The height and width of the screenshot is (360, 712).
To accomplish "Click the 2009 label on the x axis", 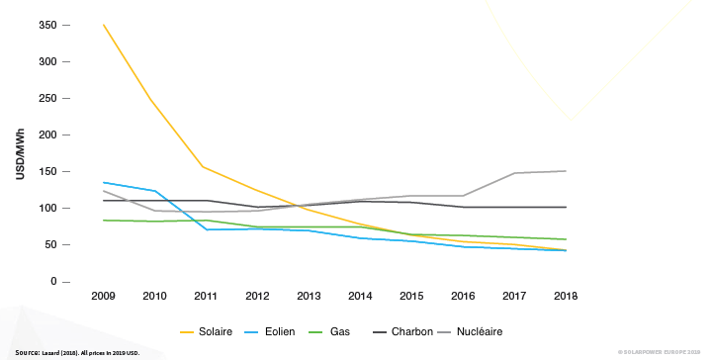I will pos(104,296).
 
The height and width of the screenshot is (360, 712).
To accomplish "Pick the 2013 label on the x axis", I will pos(309,296).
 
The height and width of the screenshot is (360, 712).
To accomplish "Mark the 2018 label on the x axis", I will pos(566,296).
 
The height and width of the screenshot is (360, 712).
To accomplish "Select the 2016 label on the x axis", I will pos(463,296).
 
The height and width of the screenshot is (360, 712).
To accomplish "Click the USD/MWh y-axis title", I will pos(20,153).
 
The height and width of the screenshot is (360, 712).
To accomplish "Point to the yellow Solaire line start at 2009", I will pos(104,25).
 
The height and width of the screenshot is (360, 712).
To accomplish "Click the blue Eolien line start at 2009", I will pos(104,182).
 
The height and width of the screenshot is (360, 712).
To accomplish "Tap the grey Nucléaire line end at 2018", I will pos(565,171).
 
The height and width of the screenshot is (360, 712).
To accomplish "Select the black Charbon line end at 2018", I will pos(565,208).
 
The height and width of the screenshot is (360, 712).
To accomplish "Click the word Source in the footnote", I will pos(27,352).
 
